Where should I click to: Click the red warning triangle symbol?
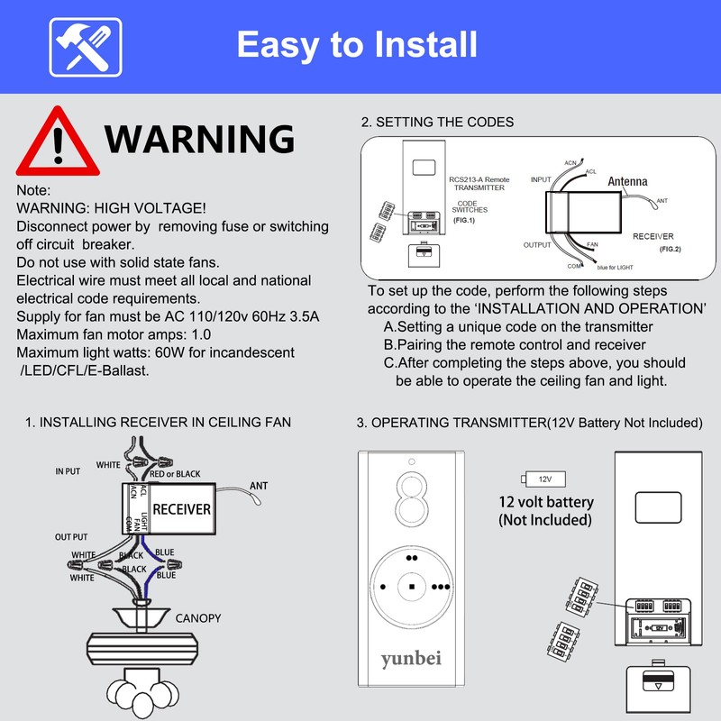56,141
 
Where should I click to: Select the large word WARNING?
199,139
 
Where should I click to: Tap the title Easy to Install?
357,43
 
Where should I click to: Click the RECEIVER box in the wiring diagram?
181,509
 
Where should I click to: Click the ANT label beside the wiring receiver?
258,485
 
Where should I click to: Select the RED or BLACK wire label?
175,473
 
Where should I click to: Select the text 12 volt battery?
546,502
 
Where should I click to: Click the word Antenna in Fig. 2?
627,181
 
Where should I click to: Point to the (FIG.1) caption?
464,220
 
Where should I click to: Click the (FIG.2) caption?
669,248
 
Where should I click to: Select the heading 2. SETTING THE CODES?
437,122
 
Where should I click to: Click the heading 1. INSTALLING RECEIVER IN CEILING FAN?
158,422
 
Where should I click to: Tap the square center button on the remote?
411,586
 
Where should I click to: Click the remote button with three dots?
441,586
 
